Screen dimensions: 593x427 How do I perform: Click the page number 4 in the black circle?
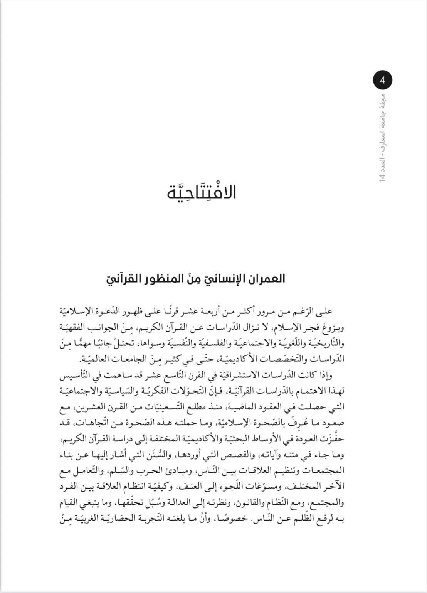383,81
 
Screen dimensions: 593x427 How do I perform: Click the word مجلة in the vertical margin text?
382,101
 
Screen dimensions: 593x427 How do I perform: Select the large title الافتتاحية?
202,192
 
